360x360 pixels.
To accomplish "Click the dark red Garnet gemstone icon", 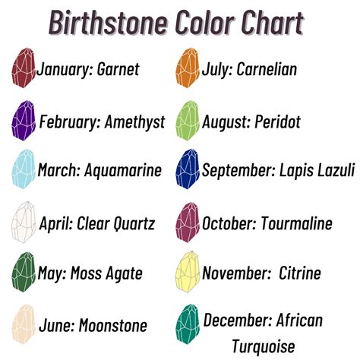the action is click(x=24, y=68).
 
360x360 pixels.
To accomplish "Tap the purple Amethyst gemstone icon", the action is click(x=24, y=121).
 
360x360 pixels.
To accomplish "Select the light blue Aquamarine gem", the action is click(x=24, y=169).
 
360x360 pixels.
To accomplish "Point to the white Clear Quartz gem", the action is click(x=24, y=223).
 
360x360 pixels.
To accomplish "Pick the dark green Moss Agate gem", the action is click(x=24, y=272).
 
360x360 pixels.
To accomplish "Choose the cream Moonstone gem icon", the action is click(x=24, y=324).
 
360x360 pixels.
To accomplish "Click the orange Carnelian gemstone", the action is click(x=188, y=68).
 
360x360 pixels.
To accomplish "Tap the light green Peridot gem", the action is click(x=188, y=121).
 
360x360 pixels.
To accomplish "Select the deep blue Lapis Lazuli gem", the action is click(x=188, y=169).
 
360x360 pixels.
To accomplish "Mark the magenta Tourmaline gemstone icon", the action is click(x=188, y=223).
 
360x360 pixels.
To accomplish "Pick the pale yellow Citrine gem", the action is click(x=188, y=272).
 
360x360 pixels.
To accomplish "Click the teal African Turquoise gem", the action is click(x=188, y=324).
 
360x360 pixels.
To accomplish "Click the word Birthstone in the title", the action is click(x=109, y=22).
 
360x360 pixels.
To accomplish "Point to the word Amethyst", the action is click(x=135, y=122).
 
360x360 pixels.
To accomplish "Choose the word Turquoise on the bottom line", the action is click(x=264, y=346).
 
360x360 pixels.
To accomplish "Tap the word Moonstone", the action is click(x=113, y=325).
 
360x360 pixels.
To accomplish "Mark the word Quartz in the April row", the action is click(x=134, y=224).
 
